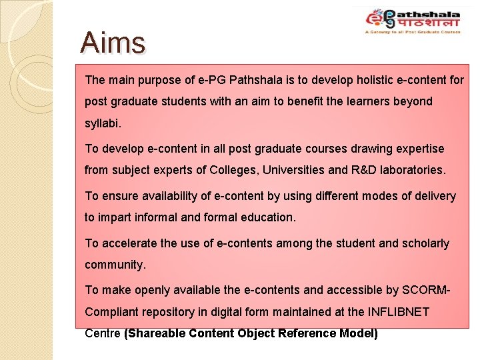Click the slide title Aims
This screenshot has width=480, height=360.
coord(112,43)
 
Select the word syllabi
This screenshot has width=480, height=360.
coord(103,125)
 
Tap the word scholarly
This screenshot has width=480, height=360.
coord(425,243)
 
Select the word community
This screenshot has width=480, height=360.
coord(115,265)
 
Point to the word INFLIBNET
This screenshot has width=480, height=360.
coord(395,311)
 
